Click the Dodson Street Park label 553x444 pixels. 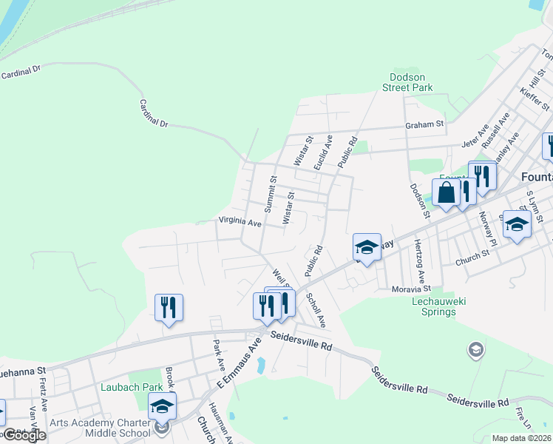tap(412, 81)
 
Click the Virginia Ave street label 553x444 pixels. tap(240, 222)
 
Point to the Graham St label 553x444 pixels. tap(424, 125)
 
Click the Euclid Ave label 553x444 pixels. tap(323, 152)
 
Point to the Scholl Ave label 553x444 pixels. tap(316, 309)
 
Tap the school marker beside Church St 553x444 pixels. tap(517, 223)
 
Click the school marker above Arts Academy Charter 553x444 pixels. tap(163, 406)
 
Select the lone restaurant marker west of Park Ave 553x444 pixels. tap(169, 307)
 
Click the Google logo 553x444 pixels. tap(24, 435)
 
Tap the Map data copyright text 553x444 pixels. tap(522, 438)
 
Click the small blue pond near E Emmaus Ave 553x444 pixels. tap(259, 365)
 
